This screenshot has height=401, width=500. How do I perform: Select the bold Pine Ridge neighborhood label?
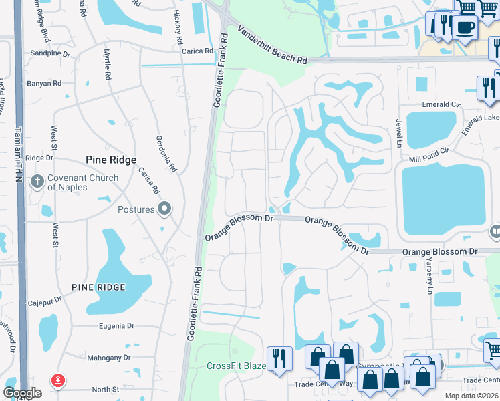111,160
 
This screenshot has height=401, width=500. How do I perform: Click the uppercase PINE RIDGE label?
98,287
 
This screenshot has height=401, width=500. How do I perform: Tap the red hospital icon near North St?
59,380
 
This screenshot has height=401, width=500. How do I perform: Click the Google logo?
22,393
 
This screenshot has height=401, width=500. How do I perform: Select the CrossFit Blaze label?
236,366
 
